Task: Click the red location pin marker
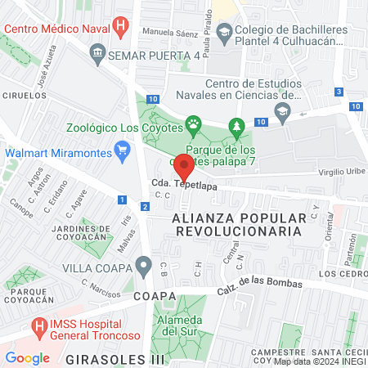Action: [x=185, y=169]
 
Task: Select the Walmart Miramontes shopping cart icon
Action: [x=123, y=149]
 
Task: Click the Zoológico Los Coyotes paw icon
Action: [x=193, y=125]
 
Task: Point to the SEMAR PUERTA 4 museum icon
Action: [x=98, y=55]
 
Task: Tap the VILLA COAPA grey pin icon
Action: [x=144, y=265]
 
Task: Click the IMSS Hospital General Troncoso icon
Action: [x=38, y=326]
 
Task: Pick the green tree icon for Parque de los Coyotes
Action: [x=237, y=125]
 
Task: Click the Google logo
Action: [x=27, y=357]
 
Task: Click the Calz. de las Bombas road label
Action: [x=259, y=288]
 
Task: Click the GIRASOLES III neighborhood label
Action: [x=114, y=358]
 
